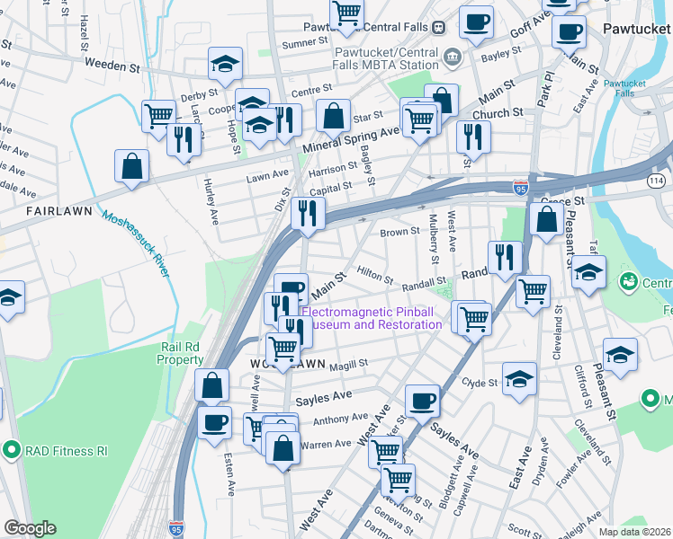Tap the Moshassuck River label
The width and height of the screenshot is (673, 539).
click(135, 243)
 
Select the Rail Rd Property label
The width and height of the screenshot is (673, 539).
click(181, 353)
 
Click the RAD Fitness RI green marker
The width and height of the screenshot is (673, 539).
click(12, 448)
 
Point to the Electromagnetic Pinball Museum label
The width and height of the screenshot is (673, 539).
click(371, 318)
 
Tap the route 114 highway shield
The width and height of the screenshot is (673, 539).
click(656, 181)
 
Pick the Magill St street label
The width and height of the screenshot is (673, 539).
click(349, 363)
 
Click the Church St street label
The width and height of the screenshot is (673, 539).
click(498, 113)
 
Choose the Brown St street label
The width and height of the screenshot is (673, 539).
click(399, 232)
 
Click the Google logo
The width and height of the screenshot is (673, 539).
click(30, 528)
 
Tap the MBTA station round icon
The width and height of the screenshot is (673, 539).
click(451, 57)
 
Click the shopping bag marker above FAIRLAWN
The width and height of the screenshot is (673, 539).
click(132, 166)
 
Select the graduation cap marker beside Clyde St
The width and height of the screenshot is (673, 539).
click(519, 379)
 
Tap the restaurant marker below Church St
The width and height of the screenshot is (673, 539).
click(471, 137)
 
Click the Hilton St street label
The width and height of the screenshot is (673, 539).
click(375, 269)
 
